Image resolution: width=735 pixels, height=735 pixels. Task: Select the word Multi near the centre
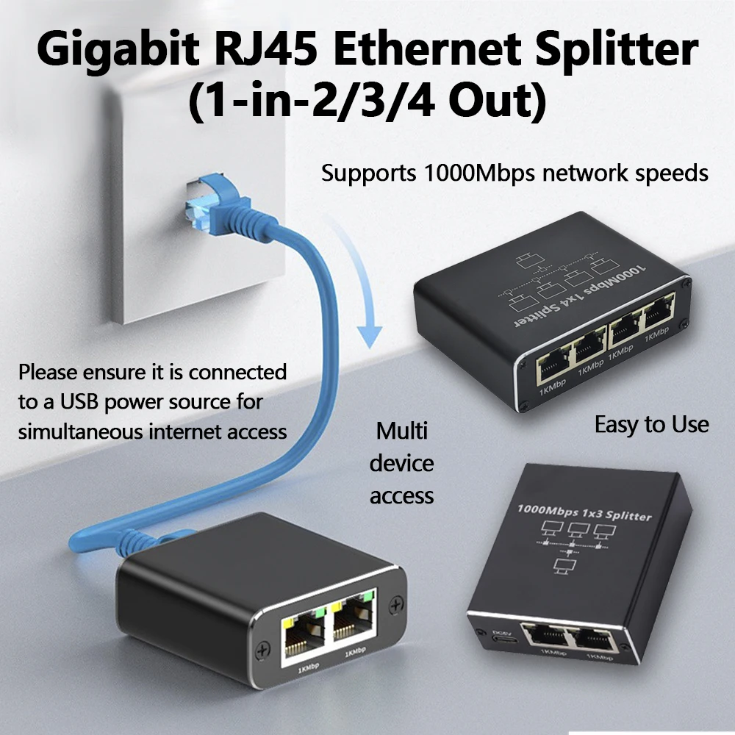coord(401,431)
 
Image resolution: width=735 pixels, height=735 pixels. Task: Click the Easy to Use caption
coord(651,425)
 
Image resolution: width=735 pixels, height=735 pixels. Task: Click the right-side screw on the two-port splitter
coord(397,604)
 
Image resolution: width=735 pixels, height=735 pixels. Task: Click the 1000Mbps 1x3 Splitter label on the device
coord(584,512)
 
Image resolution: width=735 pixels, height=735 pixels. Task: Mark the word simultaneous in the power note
coord(85,431)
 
